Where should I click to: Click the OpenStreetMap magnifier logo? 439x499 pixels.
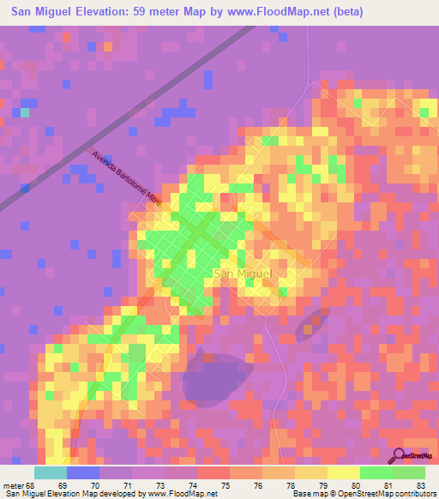click(400, 455)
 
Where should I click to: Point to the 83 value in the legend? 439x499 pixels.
click(421, 485)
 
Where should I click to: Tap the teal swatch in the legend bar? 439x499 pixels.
click(51, 472)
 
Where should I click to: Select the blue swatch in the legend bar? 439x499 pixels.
click(83, 472)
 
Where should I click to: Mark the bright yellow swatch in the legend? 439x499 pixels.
click(343, 472)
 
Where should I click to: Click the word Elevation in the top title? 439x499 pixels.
click(102, 11)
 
